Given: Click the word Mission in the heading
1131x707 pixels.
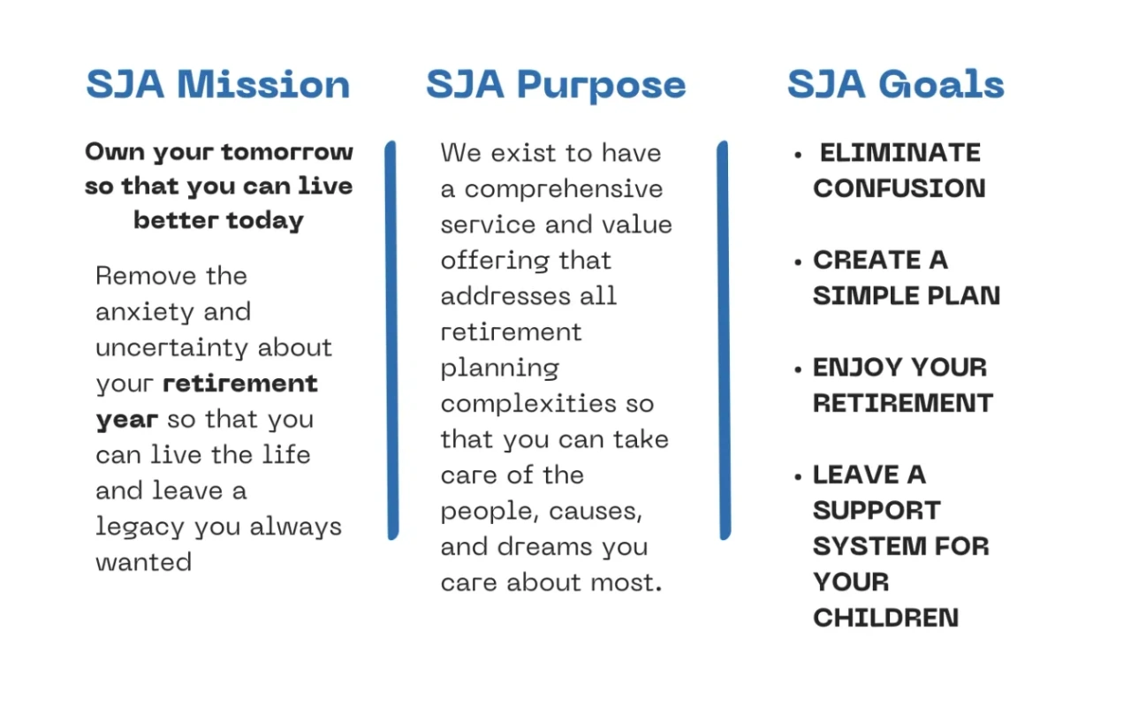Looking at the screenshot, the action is pos(263,84).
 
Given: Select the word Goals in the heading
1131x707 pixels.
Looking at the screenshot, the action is pos(941,84).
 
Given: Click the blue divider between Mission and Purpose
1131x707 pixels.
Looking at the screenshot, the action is pos(391,340).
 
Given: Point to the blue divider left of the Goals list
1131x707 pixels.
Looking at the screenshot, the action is pos(724,340).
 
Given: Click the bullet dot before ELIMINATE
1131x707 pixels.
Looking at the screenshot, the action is pos(798,155).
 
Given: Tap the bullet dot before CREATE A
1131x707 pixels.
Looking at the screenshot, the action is pos(798,262).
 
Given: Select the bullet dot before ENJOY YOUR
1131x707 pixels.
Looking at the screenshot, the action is pos(798,369).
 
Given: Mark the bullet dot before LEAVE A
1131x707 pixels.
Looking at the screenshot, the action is pos(798,476).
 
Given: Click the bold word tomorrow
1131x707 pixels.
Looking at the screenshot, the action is pos(287,152).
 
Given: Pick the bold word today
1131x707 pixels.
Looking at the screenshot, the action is pos(265,222).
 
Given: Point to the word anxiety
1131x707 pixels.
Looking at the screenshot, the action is pos(145,313).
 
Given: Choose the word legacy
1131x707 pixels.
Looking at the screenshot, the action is pos(140,528).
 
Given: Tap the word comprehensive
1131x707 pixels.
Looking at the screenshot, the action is pos(564,190).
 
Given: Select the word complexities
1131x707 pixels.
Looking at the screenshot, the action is pos(528,405).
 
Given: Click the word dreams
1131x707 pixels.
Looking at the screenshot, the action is pos(544,547).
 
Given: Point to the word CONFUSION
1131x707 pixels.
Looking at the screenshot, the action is pos(899,188).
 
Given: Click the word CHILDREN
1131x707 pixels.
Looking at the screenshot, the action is pos(885,618).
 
